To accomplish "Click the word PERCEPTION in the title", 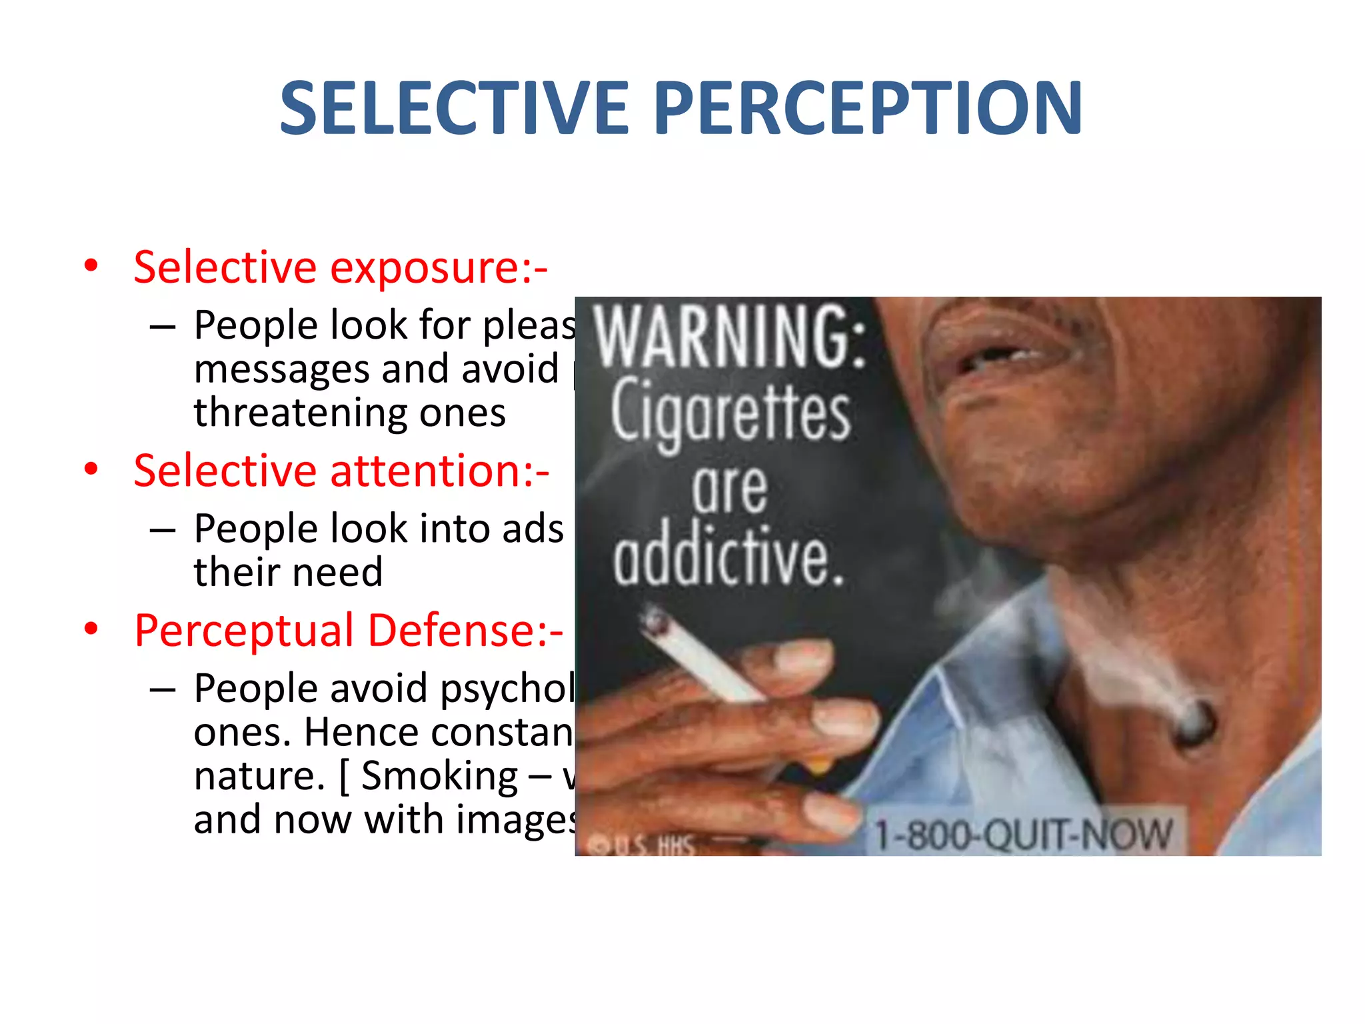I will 868,108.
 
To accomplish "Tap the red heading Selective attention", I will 341,471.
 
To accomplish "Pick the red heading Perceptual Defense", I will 349,630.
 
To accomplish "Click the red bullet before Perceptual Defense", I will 91,629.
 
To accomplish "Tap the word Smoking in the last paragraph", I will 439,775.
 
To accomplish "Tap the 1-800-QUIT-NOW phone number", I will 1022,835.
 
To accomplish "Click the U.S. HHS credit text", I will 643,846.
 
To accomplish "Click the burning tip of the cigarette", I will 654,621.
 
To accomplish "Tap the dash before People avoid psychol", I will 163,689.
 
